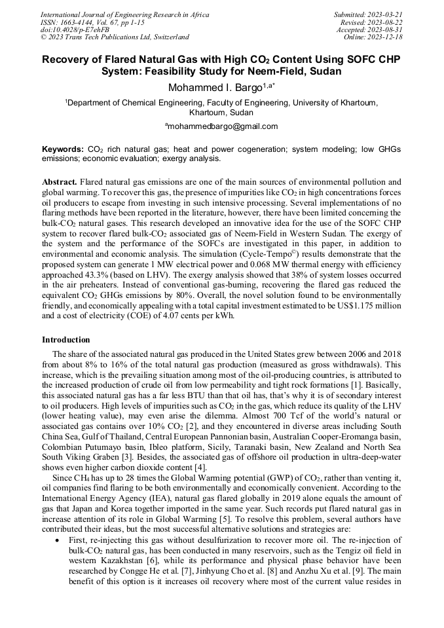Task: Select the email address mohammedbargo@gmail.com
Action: (x=222, y=126)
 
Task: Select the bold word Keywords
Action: (x=62, y=149)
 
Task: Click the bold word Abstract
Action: (x=60, y=181)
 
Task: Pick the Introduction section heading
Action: (x=66, y=340)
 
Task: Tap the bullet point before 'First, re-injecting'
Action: (x=60, y=540)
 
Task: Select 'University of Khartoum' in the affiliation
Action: (x=335, y=103)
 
